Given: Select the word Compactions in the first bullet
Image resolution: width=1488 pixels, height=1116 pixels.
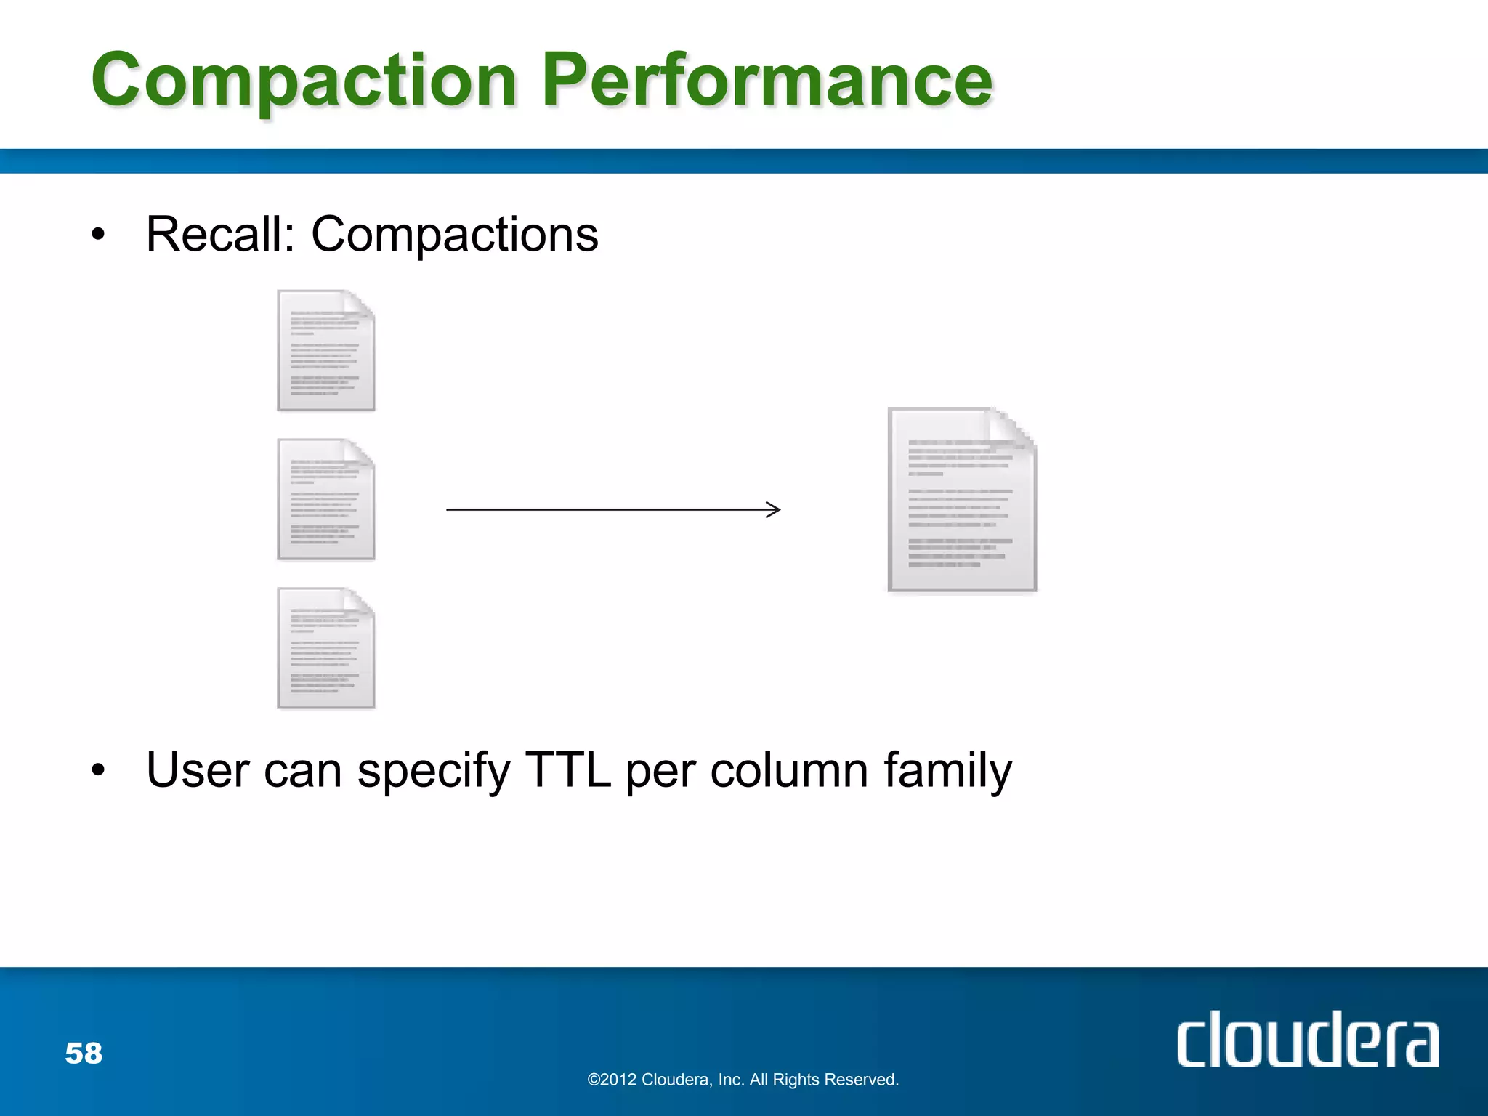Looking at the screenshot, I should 455,236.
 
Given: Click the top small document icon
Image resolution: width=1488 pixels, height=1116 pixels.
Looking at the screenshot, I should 325,351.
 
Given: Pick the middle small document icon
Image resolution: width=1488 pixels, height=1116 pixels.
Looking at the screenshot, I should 325,500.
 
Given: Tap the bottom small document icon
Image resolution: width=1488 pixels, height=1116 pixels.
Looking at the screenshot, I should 325,648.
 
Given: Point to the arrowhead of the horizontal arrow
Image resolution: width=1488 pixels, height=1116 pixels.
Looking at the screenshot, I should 775,509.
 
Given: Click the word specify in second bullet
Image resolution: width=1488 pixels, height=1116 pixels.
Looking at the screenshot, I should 434,772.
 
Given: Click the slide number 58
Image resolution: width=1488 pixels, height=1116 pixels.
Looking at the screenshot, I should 84,1053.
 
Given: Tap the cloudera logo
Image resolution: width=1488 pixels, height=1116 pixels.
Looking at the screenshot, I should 1306,1040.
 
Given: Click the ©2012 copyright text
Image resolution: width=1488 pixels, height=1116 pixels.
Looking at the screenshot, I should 743,1080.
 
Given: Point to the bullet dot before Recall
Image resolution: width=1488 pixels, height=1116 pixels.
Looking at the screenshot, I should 98,235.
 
